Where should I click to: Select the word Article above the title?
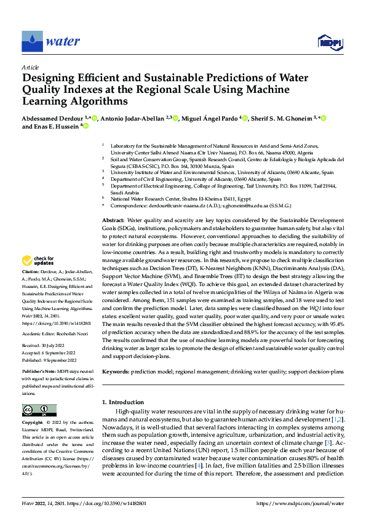[30, 67]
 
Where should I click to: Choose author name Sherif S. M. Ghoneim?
[282, 118]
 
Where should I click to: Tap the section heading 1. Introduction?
[126, 402]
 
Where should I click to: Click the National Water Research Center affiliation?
[178, 199]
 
